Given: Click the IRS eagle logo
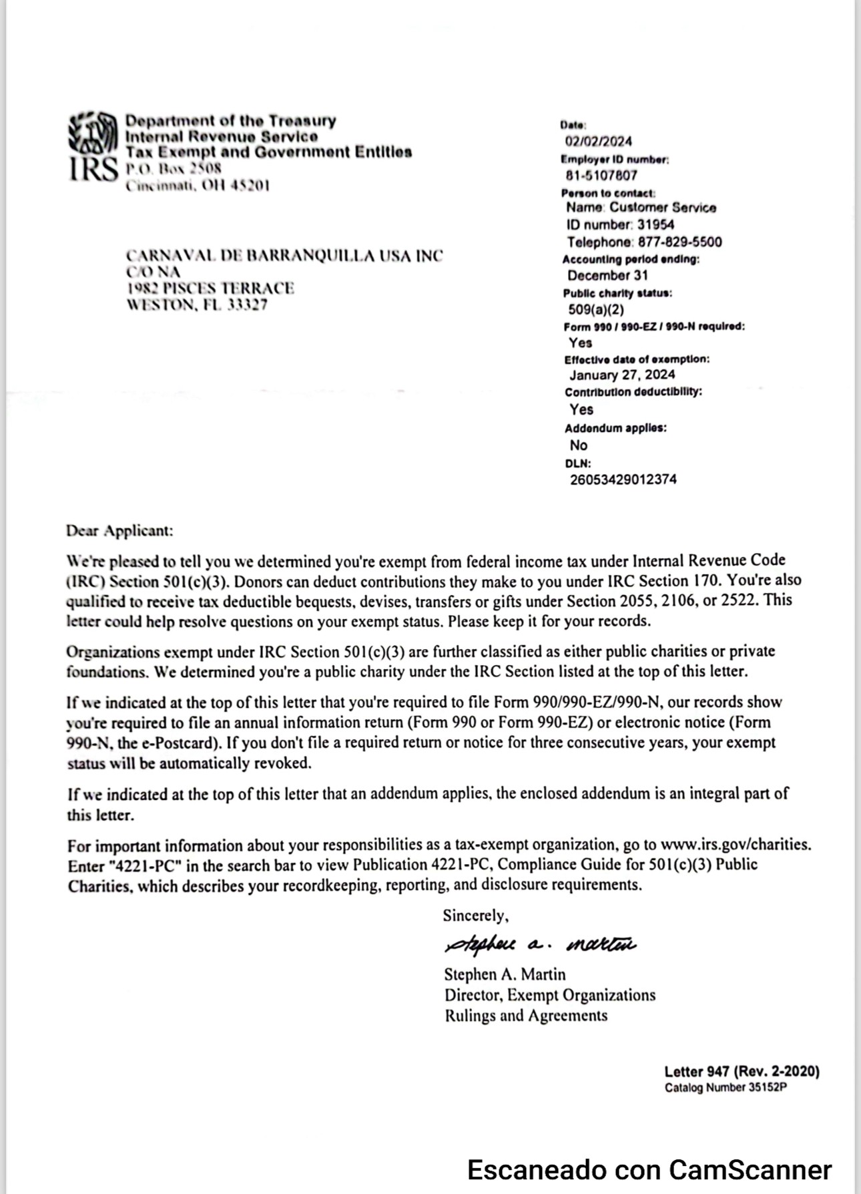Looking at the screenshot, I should point(93,133).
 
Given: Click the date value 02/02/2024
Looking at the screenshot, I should point(598,141).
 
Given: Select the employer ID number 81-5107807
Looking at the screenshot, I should point(601,175).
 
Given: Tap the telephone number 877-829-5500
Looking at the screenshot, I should point(679,242).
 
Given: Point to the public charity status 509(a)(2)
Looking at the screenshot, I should point(595,309).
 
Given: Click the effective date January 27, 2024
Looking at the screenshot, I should point(622,375).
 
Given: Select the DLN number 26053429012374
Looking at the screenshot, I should point(623,479).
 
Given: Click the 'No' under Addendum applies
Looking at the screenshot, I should point(579,445).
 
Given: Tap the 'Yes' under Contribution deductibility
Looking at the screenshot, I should point(581,409).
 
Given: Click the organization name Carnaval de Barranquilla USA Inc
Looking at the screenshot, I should point(284,256).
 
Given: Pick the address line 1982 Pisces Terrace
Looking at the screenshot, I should point(210,288).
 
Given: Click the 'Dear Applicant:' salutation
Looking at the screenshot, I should point(119,531).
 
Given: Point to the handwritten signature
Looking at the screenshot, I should point(540,944).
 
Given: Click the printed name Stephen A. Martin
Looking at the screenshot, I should point(505,974).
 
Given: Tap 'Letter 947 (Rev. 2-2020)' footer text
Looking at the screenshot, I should point(742,1071).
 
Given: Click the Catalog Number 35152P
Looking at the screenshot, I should point(726,1088).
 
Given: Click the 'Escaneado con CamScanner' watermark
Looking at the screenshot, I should point(649,1170).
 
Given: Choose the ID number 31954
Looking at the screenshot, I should point(655,225).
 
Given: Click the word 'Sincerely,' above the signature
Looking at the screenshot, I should point(475,916).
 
